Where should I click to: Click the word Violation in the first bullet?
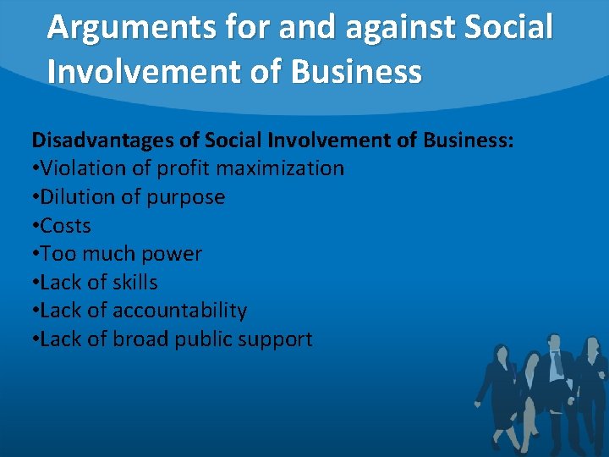click(x=80, y=168)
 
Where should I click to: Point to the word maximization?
click(x=280, y=168)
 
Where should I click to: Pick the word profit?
click(x=183, y=168)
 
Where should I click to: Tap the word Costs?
click(x=65, y=226)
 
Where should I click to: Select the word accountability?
click(x=179, y=311)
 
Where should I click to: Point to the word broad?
click(x=141, y=339)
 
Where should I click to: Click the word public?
click(x=203, y=340)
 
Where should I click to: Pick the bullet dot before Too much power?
click(x=35, y=255)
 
